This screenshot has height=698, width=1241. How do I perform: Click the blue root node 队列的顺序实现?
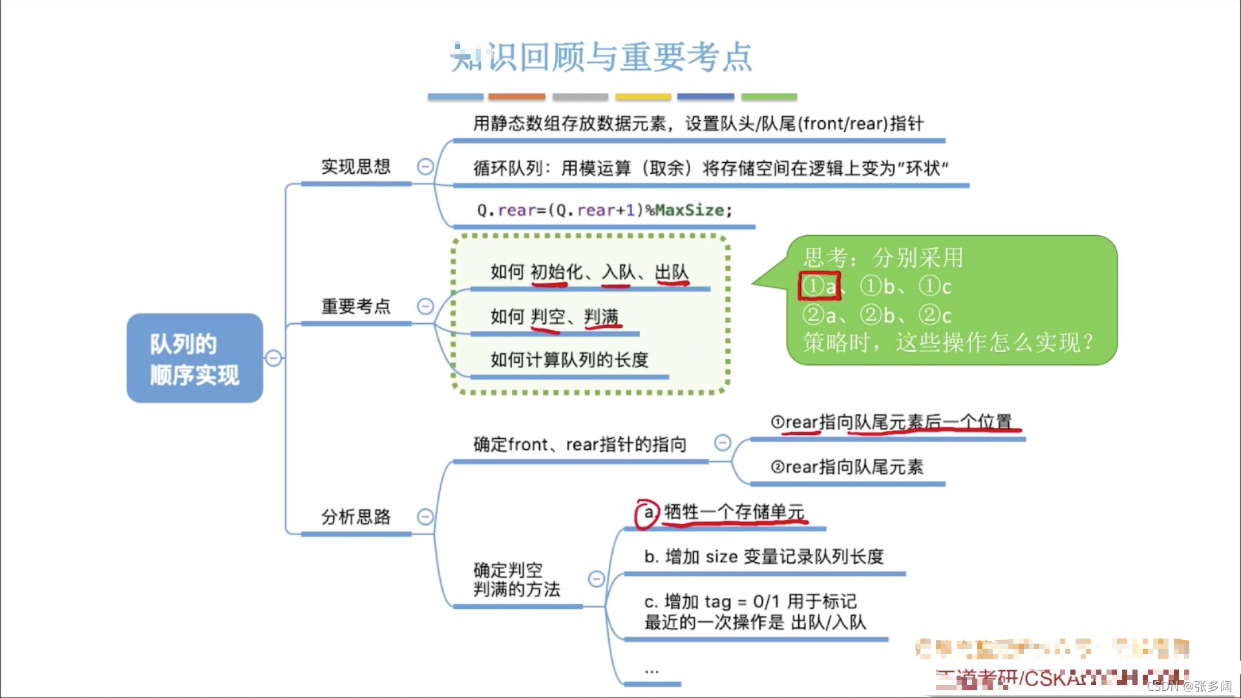pos(195,359)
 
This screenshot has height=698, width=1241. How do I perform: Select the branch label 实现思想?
pos(355,167)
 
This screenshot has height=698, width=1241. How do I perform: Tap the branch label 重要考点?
pos(355,306)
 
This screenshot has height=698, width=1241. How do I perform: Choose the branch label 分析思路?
pos(355,516)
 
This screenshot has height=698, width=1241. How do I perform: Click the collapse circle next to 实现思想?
pos(425,167)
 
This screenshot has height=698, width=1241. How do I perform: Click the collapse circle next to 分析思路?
pos(425,516)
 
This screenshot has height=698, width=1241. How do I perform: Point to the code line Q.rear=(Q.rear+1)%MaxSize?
pos(604,210)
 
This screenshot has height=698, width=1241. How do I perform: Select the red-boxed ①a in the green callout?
pos(820,286)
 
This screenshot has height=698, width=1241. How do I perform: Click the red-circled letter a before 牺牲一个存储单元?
pos(648,513)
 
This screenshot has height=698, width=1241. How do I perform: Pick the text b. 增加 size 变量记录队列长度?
pos(763,556)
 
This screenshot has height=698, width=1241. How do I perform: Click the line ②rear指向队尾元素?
pos(847,467)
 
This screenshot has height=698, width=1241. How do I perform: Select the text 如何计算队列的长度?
pos(569,360)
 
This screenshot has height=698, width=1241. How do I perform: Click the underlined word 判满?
pos(601,317)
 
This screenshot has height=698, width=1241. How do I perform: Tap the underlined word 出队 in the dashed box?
pos(672,272)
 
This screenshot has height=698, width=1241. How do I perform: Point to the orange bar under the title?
pos(516,97)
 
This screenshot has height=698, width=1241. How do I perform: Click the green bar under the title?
pos(769,97)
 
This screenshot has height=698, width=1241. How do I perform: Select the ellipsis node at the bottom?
pos(652,671)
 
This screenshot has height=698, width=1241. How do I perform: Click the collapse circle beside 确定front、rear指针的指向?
pos(723,443)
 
